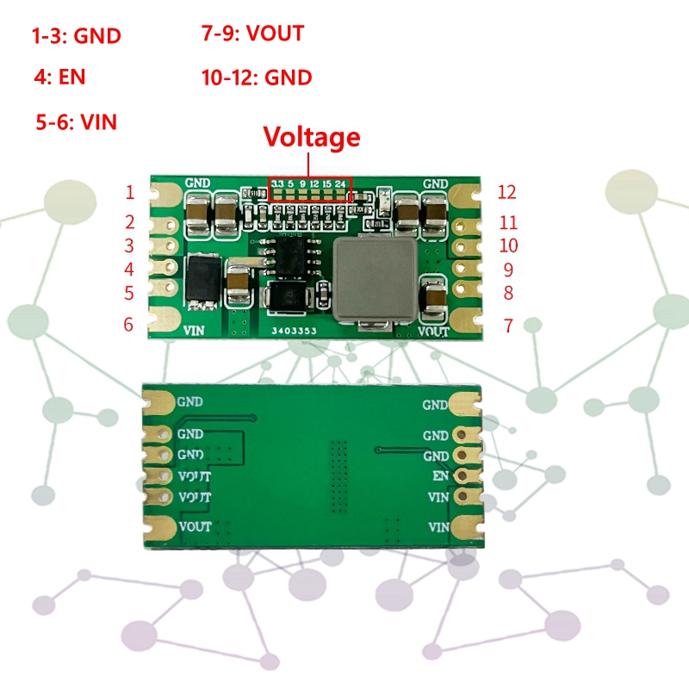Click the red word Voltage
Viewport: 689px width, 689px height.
pos(311,137)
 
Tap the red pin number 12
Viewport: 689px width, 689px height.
pos(506,192)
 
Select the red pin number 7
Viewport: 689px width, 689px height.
pos(507,326)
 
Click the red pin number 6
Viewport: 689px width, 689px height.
pos(129,325)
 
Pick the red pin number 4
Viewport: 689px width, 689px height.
pos(129,270)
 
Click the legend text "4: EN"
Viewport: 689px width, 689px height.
pos(59,78)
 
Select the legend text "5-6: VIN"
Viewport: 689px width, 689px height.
pos(76,122)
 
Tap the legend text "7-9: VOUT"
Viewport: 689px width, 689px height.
pos(252,34)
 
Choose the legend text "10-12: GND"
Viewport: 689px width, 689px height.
pos(256,78)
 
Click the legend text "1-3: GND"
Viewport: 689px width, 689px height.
pos(77,36)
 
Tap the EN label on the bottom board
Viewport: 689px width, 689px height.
pos(440,475)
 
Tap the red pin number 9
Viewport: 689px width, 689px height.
pos(508,270)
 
